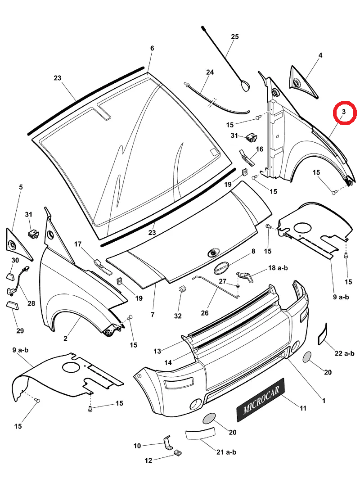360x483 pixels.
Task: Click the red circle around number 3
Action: click(344, 113)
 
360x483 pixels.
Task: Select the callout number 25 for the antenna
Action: click(235, 37)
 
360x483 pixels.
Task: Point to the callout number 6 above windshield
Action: click(152, 48)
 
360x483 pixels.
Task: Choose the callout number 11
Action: click(303, 408)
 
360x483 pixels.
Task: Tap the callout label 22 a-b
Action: click(344, 353)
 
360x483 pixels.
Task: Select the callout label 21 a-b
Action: click(227, 452)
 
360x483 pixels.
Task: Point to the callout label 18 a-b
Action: click(278, 268)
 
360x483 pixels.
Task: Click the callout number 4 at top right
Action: click(320, 55)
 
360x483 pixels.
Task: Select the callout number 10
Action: click(137, 446)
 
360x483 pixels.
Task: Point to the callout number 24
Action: click(210, 72)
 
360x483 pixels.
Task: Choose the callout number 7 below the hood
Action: click(153, 315)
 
